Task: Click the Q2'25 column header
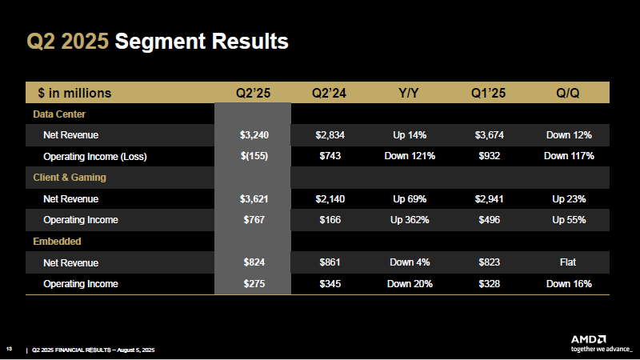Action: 254,93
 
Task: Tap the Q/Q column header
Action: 568,93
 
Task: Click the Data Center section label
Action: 59,114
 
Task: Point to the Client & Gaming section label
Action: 70,177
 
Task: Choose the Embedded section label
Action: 57,240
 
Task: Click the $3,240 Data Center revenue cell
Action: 254,134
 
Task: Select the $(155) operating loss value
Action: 254,156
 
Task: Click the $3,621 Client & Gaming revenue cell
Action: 254,198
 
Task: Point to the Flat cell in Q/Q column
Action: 568,262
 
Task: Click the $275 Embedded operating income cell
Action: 254,283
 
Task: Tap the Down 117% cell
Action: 568,156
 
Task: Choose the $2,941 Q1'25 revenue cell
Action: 489,198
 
